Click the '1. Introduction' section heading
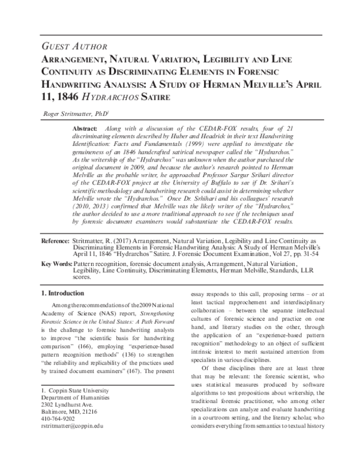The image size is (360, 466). pyautogui.click(x=67, y=293)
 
